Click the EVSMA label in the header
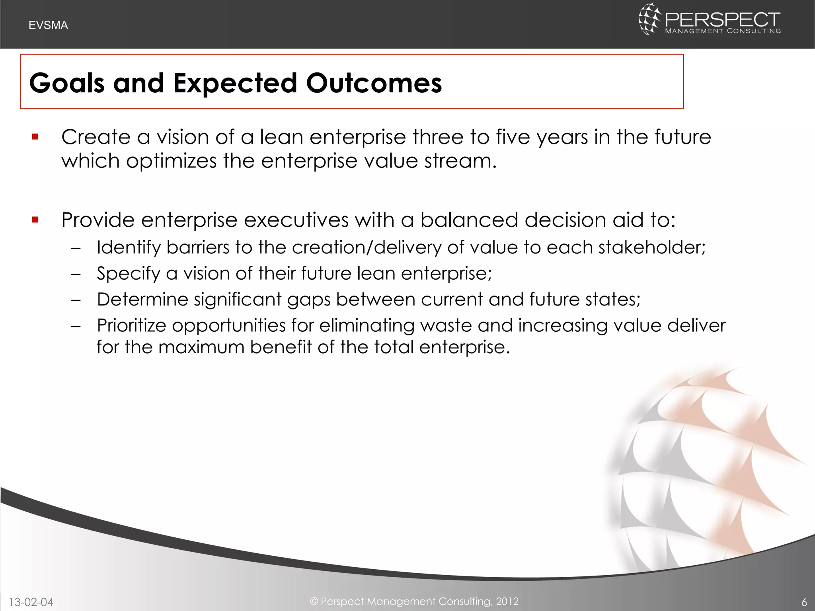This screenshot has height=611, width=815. (48, 25)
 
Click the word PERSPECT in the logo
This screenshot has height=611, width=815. (722, 19)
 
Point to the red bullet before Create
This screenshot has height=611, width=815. (35, 137)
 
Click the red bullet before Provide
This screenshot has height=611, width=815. (35, 220)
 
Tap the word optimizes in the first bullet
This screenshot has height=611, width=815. (171, 162)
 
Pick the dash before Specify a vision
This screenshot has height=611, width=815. (76, 274)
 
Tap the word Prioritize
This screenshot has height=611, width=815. (131, 325)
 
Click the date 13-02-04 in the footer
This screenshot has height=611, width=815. (31, 602)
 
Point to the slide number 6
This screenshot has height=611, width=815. (804, 602)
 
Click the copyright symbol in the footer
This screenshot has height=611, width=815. (314, 601)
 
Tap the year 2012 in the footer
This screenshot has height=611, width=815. (507, 601)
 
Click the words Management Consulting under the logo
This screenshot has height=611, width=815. (723, 31)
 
